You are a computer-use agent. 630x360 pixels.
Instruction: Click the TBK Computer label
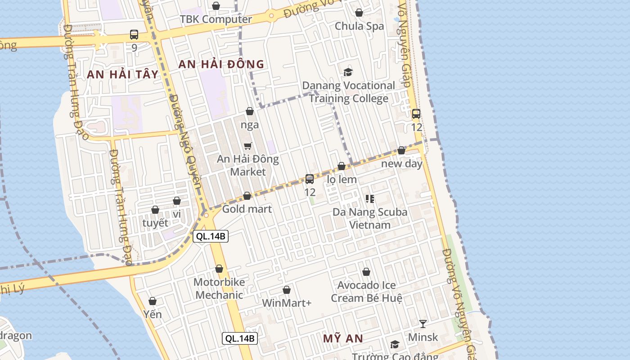tap(216, 19)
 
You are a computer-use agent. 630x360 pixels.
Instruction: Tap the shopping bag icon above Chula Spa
tap(359, 13)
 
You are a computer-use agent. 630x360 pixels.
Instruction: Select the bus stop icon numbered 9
tap(134, 34)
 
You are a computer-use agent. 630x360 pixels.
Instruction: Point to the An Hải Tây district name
tap(123, 74)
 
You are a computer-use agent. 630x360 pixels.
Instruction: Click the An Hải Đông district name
tap(221, 64)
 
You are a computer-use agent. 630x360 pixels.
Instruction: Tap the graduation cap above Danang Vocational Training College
tap(348, 72)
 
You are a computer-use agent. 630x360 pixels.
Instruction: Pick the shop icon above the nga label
tap(250, 111)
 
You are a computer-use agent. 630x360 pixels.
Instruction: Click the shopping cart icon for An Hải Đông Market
tap(247, 146)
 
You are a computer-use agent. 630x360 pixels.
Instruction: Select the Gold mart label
tap(247, 209)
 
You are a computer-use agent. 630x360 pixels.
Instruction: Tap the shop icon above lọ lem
tap(342, 166)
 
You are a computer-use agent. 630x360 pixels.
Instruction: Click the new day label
tap(402, 163)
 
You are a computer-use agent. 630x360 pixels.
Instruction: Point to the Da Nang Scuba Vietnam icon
tap(370, 198)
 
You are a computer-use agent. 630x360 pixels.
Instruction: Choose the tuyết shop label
tap(155, 223)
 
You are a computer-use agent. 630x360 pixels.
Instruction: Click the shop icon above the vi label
tap(177, 201)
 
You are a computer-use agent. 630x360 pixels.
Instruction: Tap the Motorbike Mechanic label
tap(219, 288)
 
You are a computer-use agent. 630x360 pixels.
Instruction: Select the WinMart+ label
tap(287, 303)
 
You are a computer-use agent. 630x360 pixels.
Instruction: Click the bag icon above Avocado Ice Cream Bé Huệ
tap(366, 272)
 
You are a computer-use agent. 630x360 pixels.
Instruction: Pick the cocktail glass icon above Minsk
tap(423, 324)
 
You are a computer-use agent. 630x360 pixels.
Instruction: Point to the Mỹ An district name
tap(343, 338)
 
